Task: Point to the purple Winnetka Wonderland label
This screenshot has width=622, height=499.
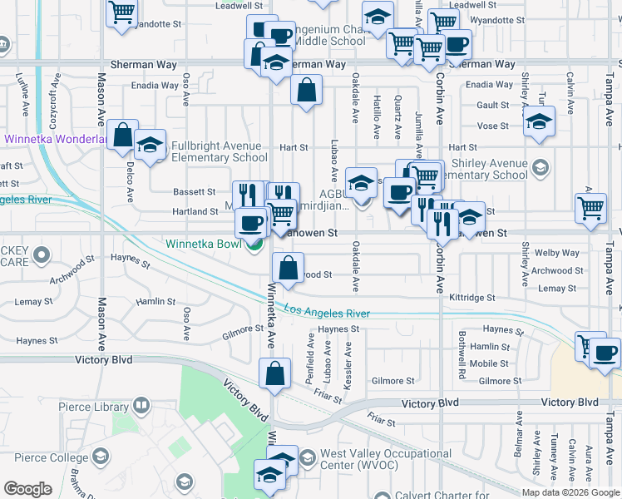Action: tap(54, 140)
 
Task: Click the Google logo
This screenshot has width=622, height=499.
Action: tap(27, 489)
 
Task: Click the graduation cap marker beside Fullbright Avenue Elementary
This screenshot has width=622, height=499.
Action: tap(151, 145)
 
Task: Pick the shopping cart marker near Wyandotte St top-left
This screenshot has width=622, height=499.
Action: tap(122, 12)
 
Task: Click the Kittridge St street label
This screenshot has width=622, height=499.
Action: tap(471, 297)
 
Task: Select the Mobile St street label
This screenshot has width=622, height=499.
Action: tap(489, 363)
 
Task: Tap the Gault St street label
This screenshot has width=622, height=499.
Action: tap(493, 105)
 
